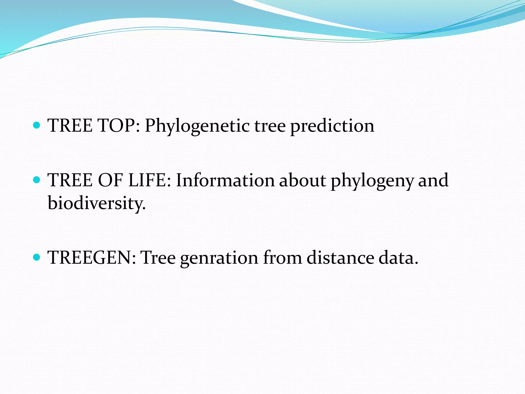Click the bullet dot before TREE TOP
[x=37, y=125]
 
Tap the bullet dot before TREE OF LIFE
[x=37, y=180]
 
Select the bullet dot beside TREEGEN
[x=37, y=257]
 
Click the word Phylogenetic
[x=197, y=126]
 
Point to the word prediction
[x=332, y=126]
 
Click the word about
[x=302, y=180]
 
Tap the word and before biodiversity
[x=433, y=180]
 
